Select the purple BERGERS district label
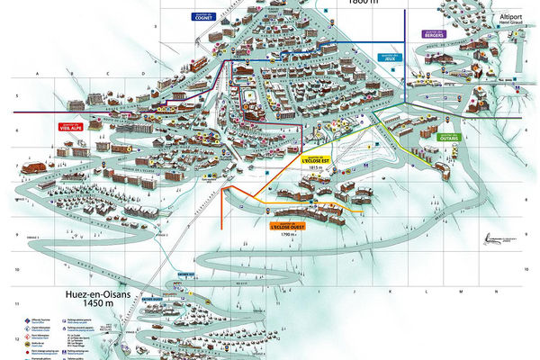click(433, 34)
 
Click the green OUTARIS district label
click(450, 139)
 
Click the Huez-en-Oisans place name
click(101, 293)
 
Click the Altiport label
click(510, 17)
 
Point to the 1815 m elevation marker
click(315, 168)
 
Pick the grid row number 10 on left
click(17, 269)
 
